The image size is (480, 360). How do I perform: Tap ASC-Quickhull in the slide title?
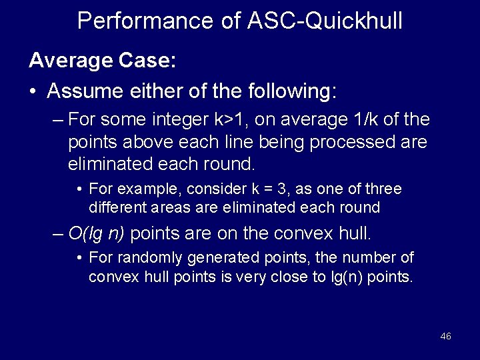325,21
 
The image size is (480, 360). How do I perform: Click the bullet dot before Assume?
33,91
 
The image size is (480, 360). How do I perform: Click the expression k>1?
231,121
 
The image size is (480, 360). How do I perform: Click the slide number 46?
446,336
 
